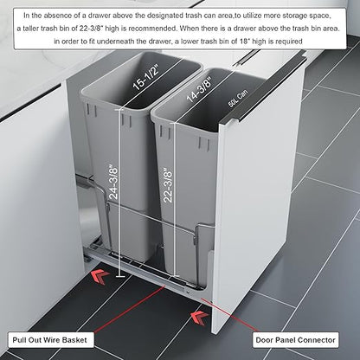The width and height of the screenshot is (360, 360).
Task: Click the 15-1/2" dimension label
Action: tap(145, 78)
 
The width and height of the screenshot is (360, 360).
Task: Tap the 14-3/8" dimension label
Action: tap(199, 89)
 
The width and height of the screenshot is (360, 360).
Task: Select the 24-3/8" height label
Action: tap(113, 182)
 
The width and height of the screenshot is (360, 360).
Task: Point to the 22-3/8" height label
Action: tap(168, 184)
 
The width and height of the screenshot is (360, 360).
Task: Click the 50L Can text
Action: tap(238, 99)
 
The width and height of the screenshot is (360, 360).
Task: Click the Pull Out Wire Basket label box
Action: tap(49, 340)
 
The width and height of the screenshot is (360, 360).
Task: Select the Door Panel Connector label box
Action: tap(295, 340)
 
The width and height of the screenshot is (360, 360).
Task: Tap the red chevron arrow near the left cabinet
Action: tap(100, 277)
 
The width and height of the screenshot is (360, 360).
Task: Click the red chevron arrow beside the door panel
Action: tap(200, 318)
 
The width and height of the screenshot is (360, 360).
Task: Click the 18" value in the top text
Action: tap(244, 42)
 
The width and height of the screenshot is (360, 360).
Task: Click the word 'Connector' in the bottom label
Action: tap(319, 340)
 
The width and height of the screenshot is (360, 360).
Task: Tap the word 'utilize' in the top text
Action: tap(253, 16)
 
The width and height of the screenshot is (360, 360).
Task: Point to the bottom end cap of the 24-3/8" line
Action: tap(120, 277)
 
